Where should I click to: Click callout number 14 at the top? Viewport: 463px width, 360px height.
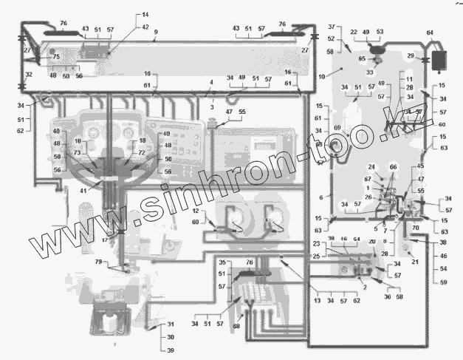click(145, 14)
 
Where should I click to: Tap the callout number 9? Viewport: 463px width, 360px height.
click(156, 32)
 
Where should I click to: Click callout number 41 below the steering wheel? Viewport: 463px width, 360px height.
click(83, 191)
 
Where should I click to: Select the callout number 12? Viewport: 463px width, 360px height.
click(196, 211)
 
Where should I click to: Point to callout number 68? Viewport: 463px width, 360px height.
click(236, 326)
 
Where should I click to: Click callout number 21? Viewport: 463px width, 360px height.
click(414, 261)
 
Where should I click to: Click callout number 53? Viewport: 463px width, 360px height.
click(380, 32)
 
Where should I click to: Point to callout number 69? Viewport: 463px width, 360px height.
click(337, 128)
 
